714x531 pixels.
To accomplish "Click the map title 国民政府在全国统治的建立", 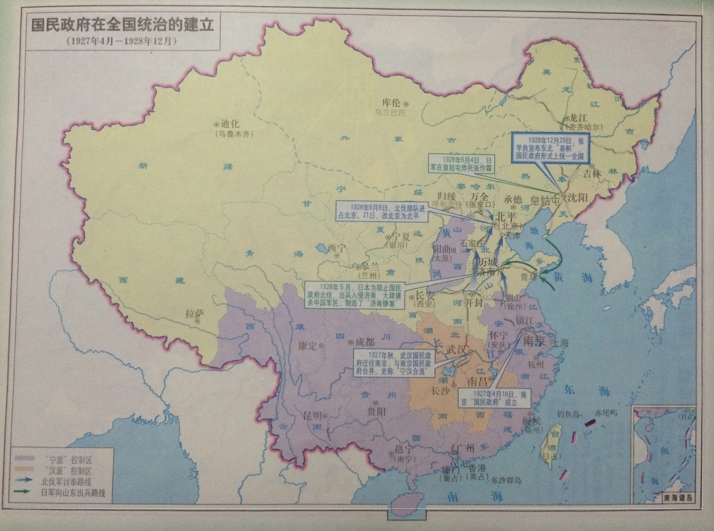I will pyautogui.click(x=122, y=25).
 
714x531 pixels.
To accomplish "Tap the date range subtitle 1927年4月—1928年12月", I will pyautogui.click(x=122, y=41).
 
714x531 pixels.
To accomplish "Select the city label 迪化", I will pyautogui.click(x=230, y=124).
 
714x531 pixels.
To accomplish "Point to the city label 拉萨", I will pyautogui.click(x=195, y=313).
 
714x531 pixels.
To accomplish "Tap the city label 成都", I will pyautogui.click(x=365, y=342).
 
